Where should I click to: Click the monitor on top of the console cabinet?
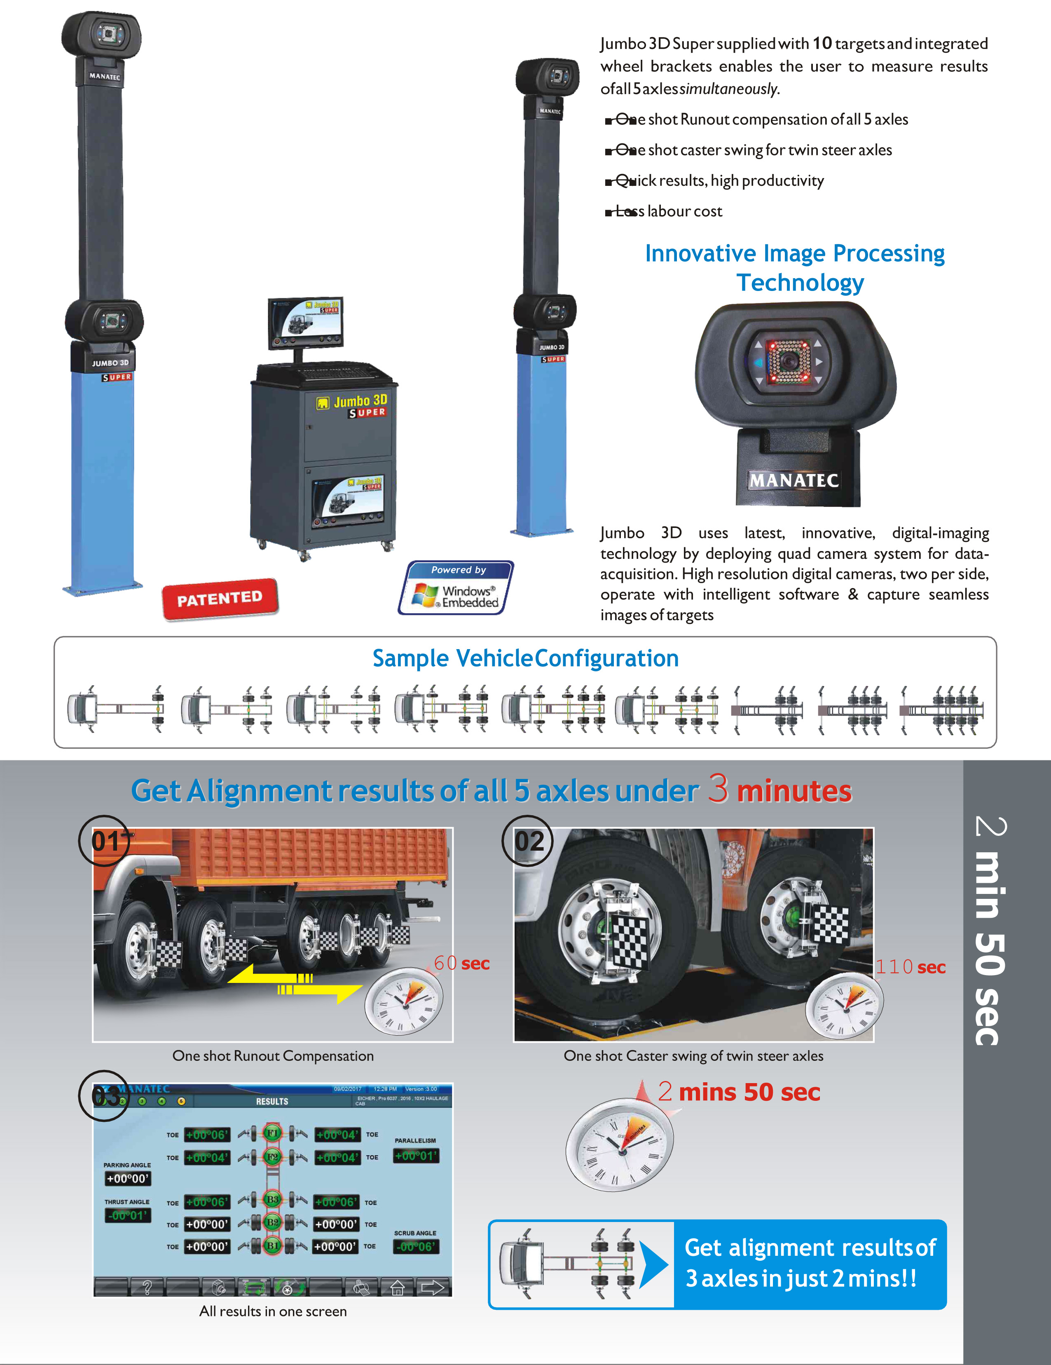click(x=306, y=323)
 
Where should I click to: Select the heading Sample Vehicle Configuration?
click(x=526, y=659)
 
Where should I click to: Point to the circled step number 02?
click(x=528, y=841)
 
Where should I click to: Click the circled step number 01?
click(x=104, y=841)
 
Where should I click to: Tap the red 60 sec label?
click(x=462, y=963)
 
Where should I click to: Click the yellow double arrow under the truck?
click(x=294, y=983)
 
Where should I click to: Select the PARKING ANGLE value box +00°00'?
click(x=127, y=1179)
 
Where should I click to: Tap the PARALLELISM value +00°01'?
click(x=416, y=1156)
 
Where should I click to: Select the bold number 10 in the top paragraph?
click(x=822, y=43)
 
